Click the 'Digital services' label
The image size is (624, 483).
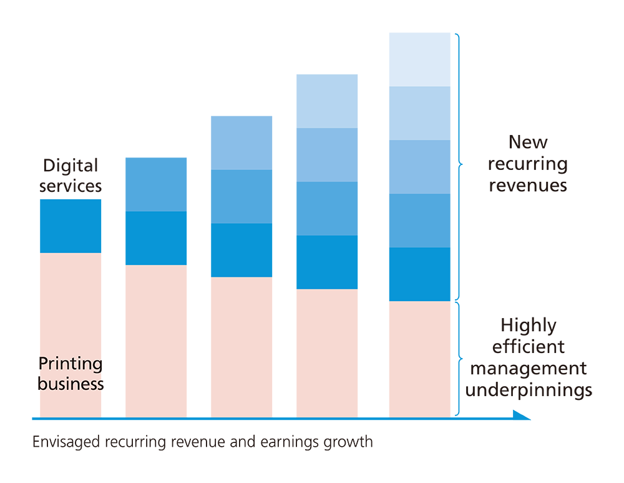click(x=71, y=176)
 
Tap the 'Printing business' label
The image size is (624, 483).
click(x=71, y=373)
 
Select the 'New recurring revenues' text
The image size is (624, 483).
click(x=527, y=164)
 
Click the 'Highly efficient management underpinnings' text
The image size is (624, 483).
click(x=528, y=357)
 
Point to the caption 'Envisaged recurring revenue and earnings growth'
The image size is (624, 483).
click(x=202, y=442)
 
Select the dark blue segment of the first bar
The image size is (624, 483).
click(x=71, y=226)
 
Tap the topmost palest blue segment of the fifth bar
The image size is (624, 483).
click(x=419, y=59)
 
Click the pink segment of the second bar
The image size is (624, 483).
click(x=156, y=341)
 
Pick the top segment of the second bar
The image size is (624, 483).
click(x=156, y=184)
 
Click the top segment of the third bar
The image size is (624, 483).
click(x=241, y=142)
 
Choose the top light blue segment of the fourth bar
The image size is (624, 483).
click(x=327, y=101)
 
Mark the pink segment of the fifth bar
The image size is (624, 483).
click(x=419, y=359)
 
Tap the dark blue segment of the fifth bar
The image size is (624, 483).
click(x=419, y=274)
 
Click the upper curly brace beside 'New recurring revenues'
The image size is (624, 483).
click(x=460, y=166)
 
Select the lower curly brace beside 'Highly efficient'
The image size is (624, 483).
click(x=460, y=359)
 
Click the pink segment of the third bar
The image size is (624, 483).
click(x=241, y=347)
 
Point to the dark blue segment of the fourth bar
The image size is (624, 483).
click(x=327, y=262)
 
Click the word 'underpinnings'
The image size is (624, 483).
click(x=528, y=390)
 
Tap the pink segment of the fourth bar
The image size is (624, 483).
click(x=327, y=353)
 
